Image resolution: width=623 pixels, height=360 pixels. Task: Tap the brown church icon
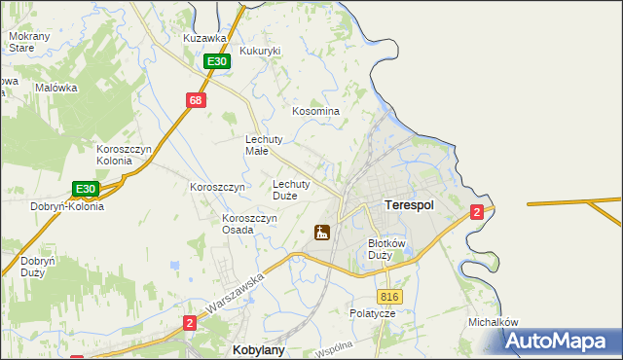point(320,233)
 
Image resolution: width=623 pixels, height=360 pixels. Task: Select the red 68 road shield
point(196,99)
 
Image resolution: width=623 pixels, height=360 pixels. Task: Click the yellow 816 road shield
point(389,297)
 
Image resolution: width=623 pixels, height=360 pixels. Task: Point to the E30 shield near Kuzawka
point(216,61)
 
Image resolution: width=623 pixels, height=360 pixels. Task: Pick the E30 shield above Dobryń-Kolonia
point(86,188)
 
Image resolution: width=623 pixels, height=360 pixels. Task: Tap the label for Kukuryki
point(260,51)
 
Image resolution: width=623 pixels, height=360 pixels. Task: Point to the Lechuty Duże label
point(291,189)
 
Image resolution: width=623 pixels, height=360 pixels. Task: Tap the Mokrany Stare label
point(21,42)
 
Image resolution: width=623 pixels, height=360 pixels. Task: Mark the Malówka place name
point(55,87)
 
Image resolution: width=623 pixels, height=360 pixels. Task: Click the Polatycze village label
point(372,314)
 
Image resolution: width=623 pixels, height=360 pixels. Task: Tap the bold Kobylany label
point(257,348)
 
